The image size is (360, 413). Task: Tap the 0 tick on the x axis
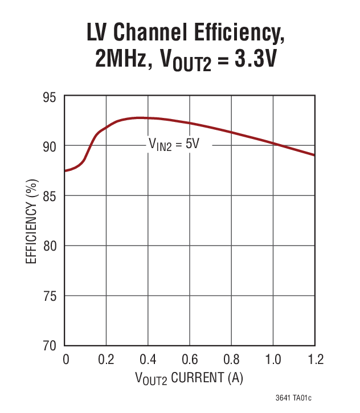[65, 360]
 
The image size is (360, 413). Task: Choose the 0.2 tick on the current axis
[106, 360]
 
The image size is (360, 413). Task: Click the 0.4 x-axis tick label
[148, 360]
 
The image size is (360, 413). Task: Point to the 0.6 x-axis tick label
[190, 360]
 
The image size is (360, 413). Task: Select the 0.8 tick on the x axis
[231, 360]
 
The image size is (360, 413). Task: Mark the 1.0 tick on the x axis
[273, 360]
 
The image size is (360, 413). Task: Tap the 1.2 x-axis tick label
[314, 360]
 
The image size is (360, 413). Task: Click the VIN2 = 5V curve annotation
[174, 145]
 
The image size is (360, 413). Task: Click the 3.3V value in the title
[248, 60]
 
